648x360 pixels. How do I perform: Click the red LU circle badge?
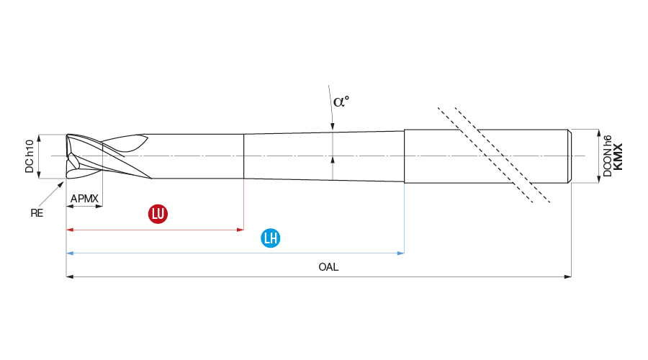pos(158,214)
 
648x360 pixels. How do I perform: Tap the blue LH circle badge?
pos(271,238)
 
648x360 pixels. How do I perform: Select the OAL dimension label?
pos(328,267)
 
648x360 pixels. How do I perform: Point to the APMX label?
pos(84,198)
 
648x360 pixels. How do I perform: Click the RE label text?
pos(37,213)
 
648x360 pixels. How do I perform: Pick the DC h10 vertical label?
pos(30,156)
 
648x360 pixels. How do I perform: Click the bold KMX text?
pos(618,156)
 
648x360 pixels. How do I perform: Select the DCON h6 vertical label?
pos(607,156)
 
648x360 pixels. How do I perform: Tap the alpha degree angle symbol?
pos(341,101)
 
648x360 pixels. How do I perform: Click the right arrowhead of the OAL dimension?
pos(568,276)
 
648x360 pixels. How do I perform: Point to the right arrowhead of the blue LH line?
pos(401,253)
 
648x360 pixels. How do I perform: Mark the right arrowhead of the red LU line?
pos(241,230)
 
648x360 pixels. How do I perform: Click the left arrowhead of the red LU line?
pos(70,230)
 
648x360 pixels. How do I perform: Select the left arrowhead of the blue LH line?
pos(70,253)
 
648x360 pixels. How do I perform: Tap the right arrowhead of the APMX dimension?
pos(99,206)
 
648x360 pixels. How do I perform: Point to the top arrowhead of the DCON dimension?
pos(598,132)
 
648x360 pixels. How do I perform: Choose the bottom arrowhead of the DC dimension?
pos(40,175)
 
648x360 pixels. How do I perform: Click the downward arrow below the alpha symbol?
pos(333,127)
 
